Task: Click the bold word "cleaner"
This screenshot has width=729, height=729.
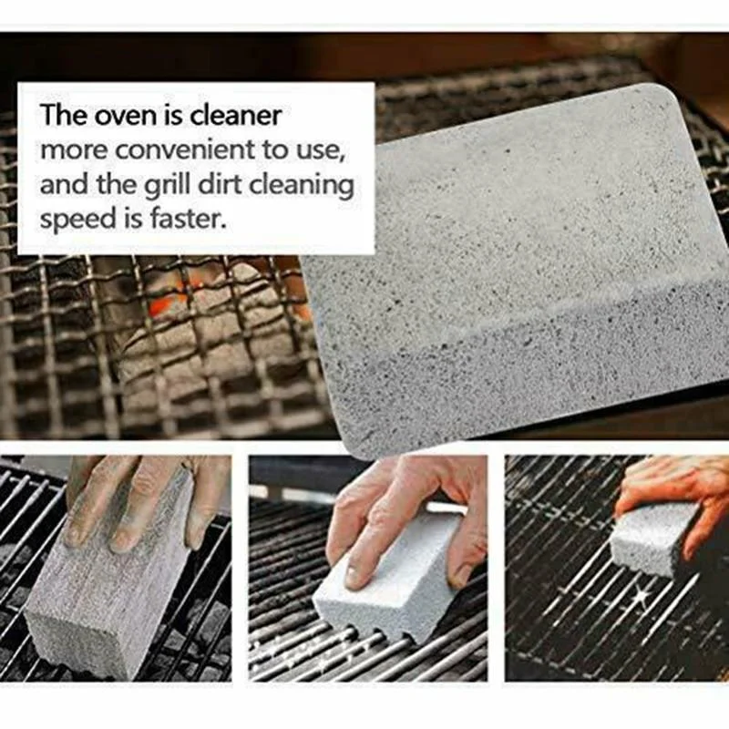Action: tap(236, 116)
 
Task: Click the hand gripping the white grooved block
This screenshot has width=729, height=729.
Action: tap(401, 510)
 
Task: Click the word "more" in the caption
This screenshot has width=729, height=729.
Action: tap(69, 150)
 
